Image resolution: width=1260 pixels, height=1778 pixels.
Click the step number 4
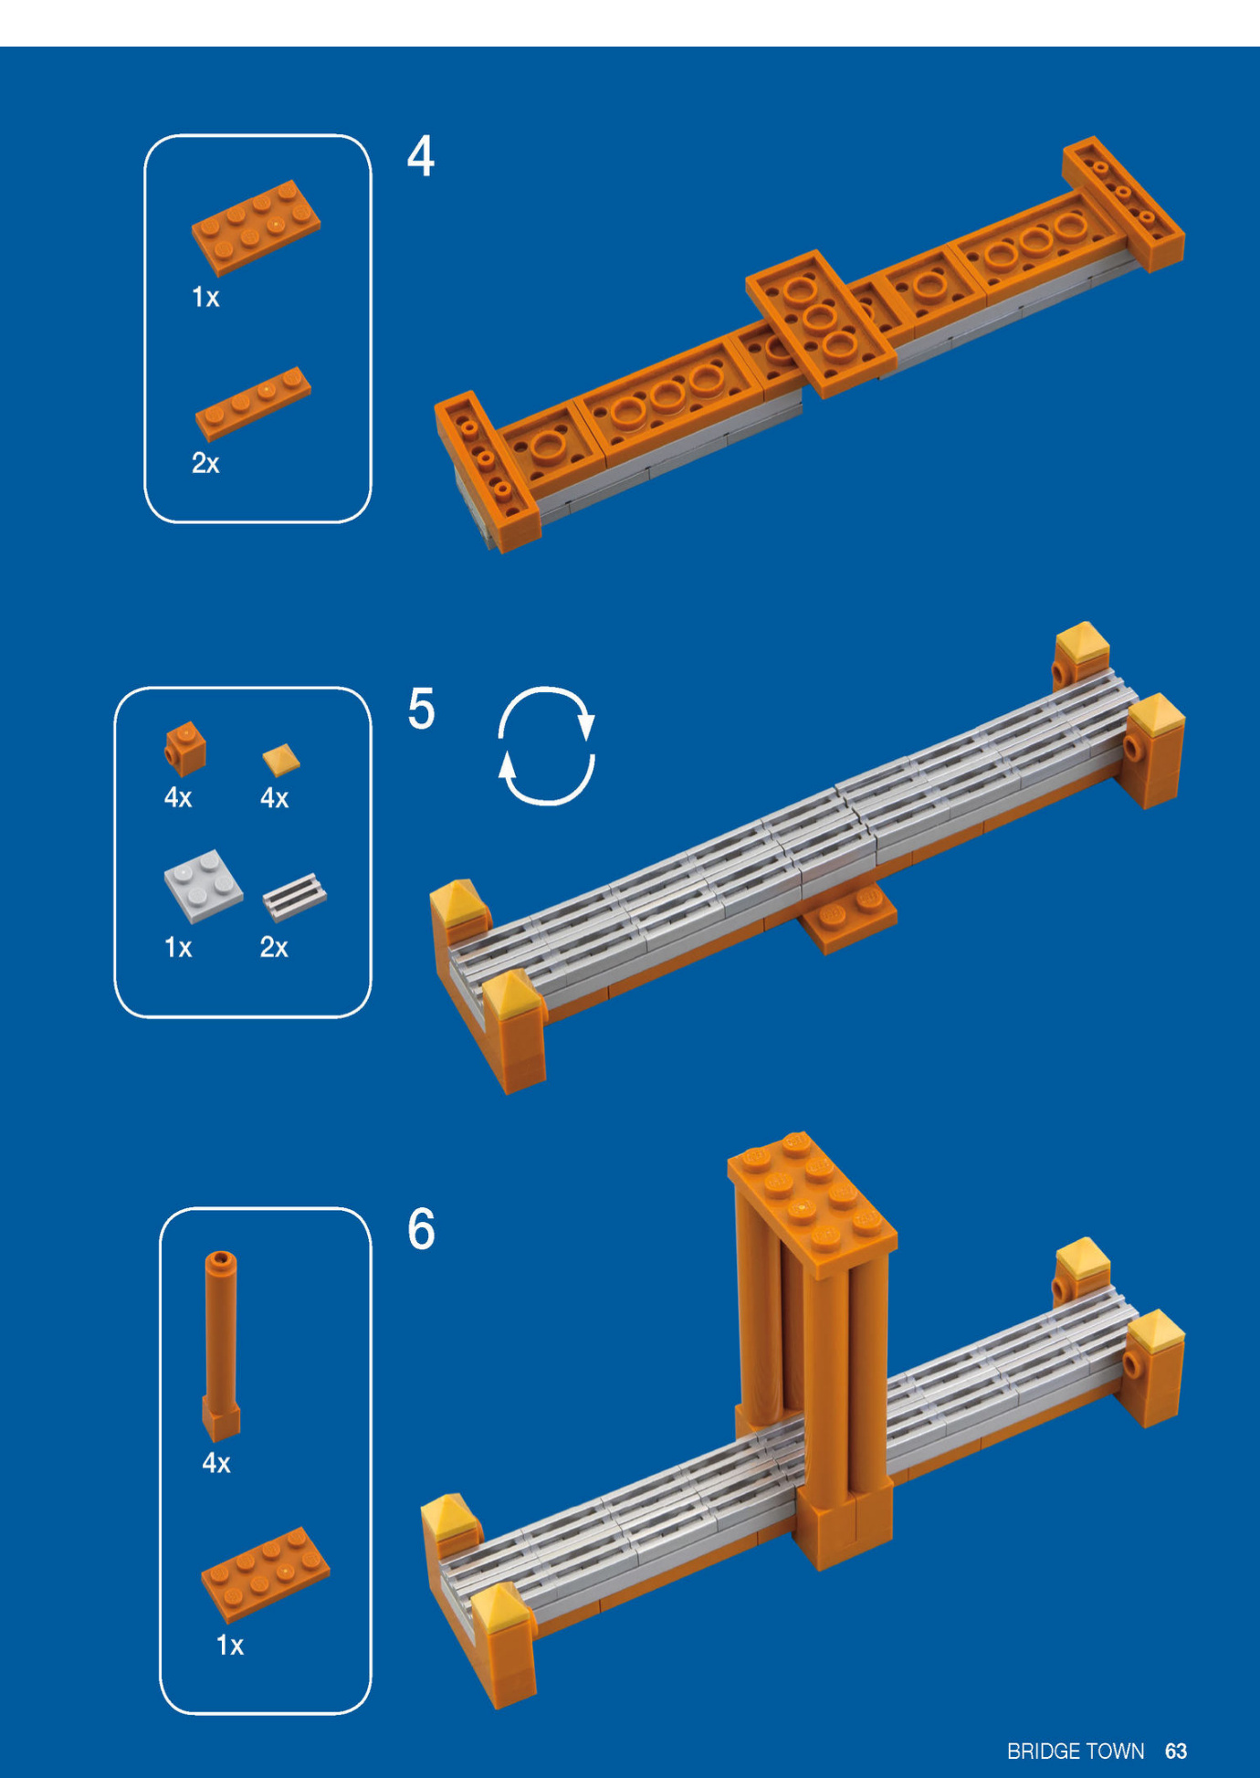(x=420, y=156)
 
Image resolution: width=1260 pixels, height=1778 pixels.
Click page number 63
(x=1176, y=1751)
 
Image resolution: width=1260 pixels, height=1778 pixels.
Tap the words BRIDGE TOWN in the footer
(x=1076, y=1751)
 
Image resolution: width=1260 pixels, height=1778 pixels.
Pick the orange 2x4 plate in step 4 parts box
(x=256, y=227)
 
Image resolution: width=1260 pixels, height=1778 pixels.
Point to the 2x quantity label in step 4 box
(x=205, y=463)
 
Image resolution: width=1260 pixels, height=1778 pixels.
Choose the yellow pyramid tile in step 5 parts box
(x=280, y=760)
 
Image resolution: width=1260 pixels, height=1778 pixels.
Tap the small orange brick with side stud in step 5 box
(x=184, y=748)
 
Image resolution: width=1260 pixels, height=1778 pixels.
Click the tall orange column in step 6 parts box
(x=221, y=1346)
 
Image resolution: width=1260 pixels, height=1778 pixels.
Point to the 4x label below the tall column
(x=216, y=1463)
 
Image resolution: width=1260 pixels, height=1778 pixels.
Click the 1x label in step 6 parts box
(x=230, y=1645)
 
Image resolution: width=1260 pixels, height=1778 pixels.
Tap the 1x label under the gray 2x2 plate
(x=178, y=947)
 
